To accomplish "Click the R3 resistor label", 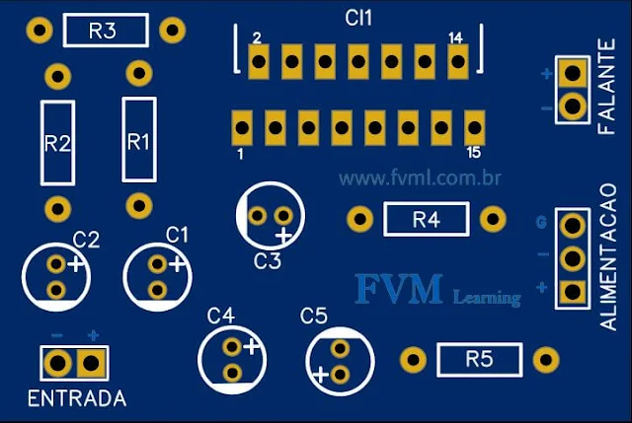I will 104,31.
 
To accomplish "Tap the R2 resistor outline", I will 57,142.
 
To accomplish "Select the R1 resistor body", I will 138,140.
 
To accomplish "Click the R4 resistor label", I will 426,219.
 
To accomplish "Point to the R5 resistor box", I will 479,359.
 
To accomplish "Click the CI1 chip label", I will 358,18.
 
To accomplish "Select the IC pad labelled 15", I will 475,126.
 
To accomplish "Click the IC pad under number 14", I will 457,62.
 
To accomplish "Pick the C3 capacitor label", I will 268,261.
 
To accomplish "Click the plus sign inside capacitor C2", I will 76,263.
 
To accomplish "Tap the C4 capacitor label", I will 221,316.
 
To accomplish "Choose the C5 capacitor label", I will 313,316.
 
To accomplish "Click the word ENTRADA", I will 77,399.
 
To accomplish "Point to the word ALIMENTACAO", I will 608,254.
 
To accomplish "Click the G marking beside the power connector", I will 540,222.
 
